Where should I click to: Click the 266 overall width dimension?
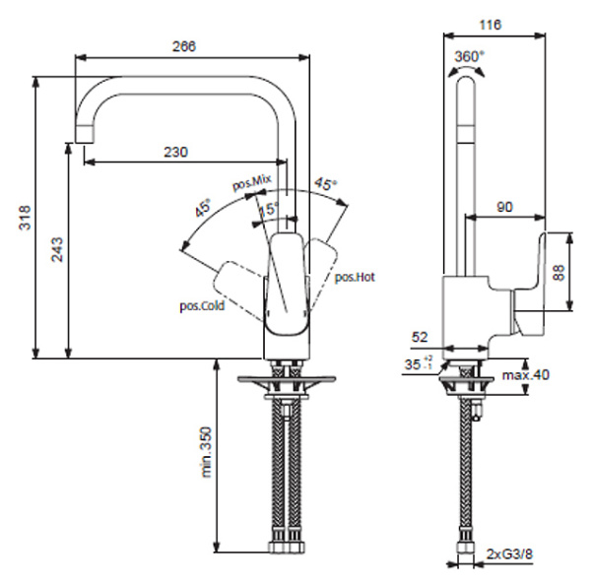[x=183, y=46]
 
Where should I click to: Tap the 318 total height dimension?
[x=26, y=218]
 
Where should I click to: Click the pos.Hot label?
[x=355, y=278]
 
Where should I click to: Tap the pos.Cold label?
[x=201, y=305]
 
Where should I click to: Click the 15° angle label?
[x=268, y=209]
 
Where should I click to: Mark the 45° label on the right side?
[x=325, y=184]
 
